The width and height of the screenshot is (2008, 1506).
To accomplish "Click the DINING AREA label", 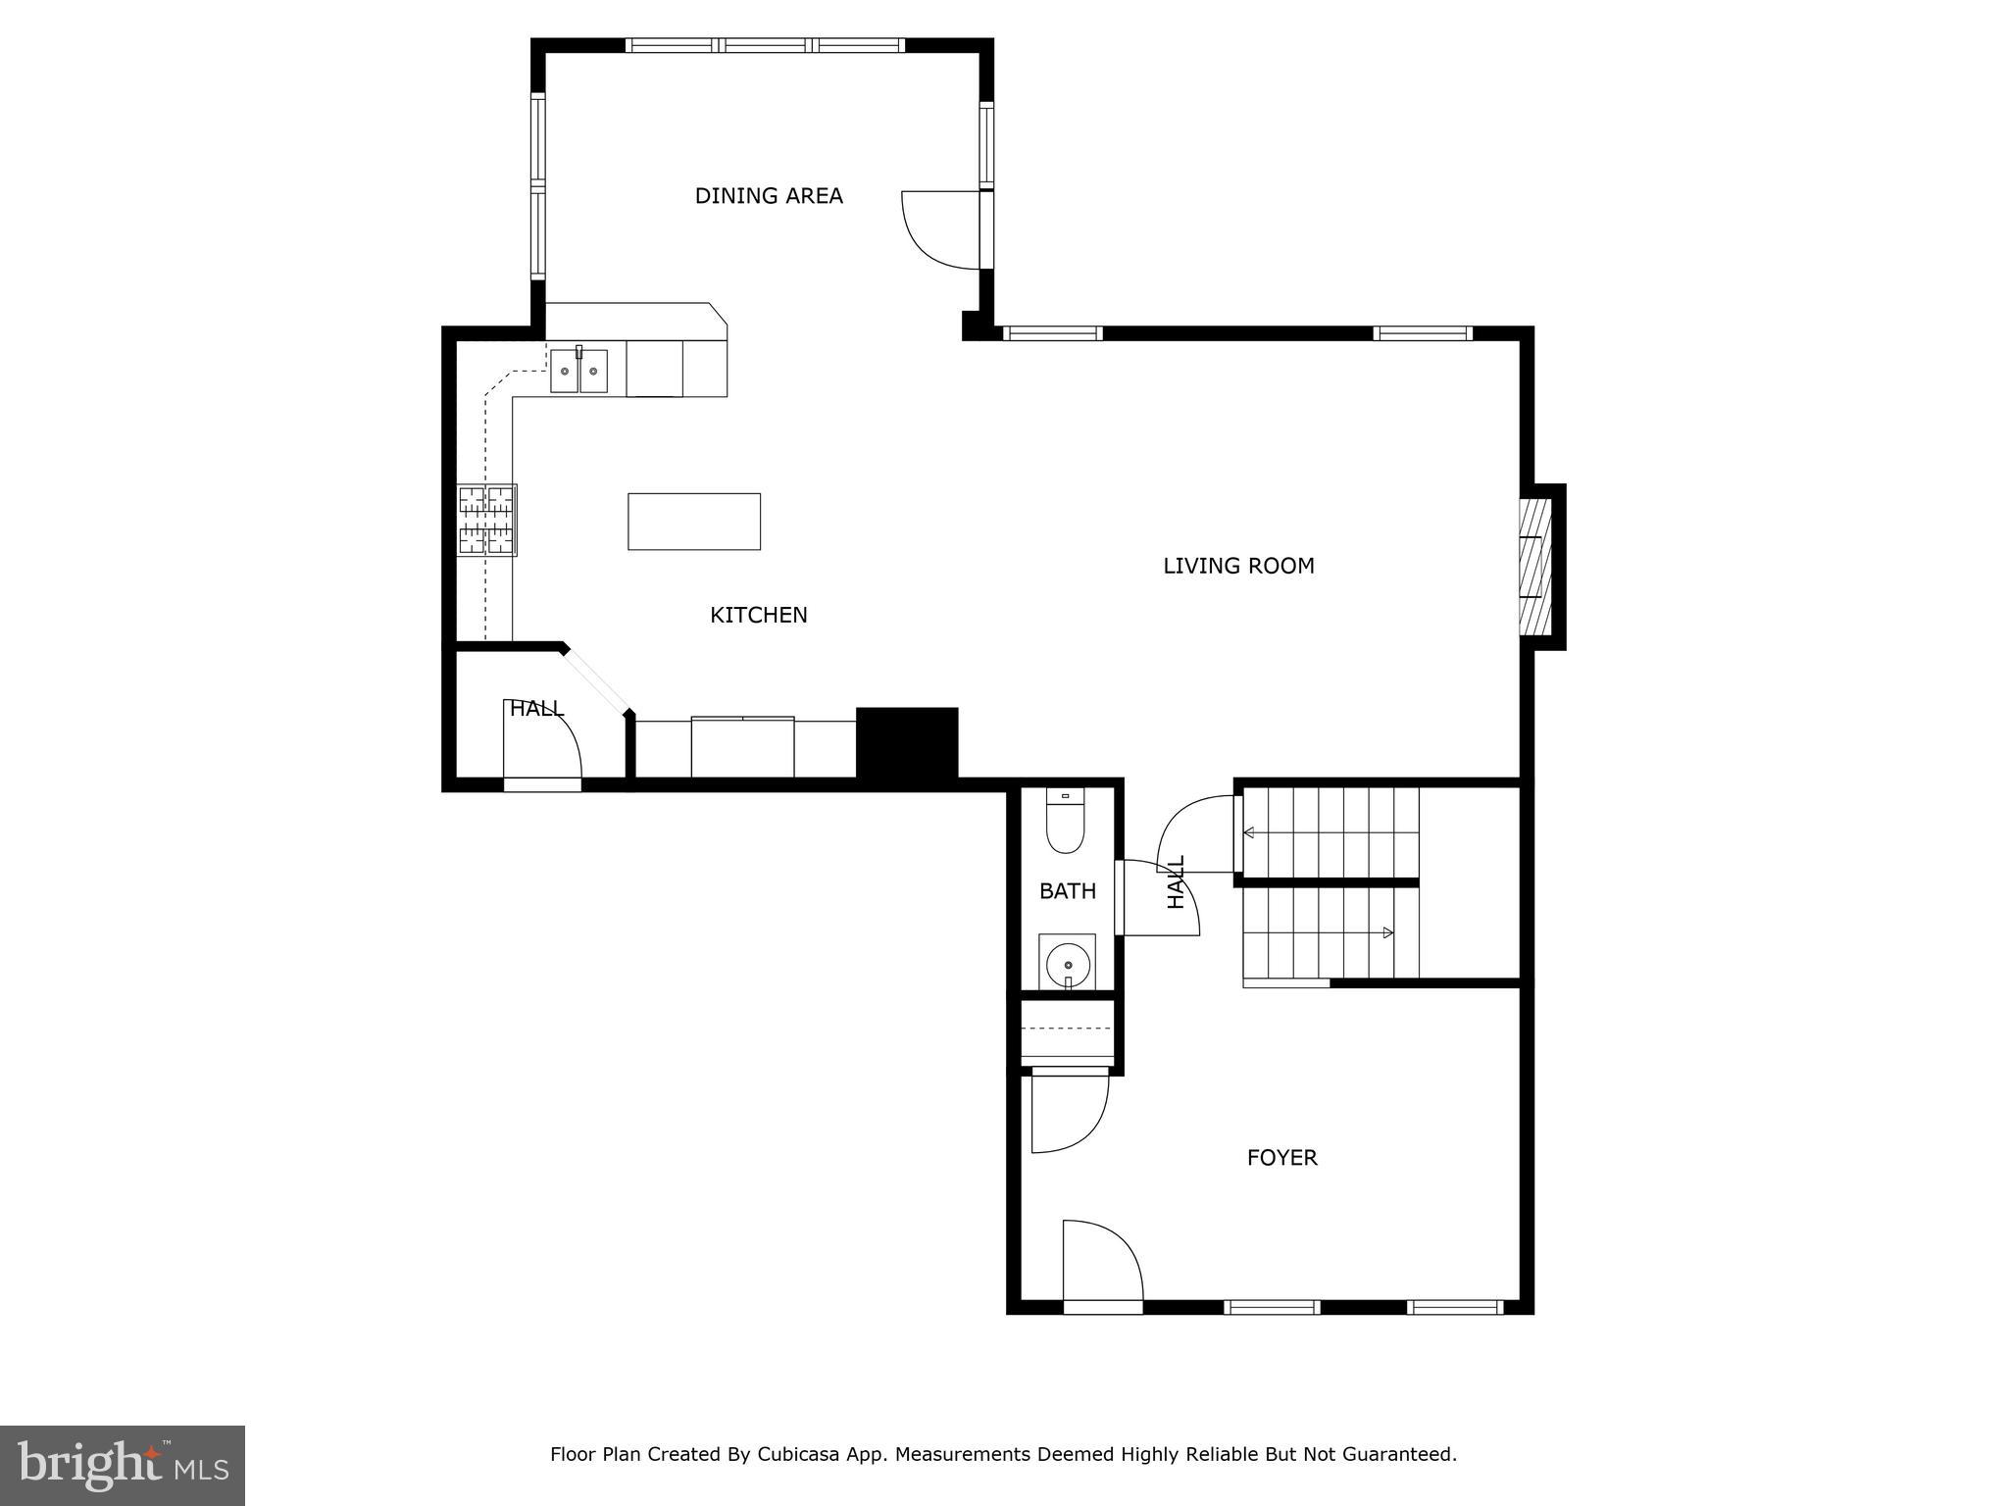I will [x=768, y=196].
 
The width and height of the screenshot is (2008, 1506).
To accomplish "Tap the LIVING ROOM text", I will [x=1237, y=566].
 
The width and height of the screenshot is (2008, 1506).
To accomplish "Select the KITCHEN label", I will [x=758, y=615].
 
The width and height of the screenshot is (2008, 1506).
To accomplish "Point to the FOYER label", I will [x=1281, y=1158].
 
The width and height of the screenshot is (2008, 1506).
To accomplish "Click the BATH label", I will [x=1067, y=891].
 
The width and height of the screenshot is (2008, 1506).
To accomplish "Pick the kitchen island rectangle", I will [x=693, y=522].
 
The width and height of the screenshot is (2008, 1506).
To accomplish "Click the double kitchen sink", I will [x=578, y=372].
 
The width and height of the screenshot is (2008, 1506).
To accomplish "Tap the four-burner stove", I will [x=487, y=521].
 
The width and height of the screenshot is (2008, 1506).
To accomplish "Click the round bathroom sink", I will [x=1067, y=965].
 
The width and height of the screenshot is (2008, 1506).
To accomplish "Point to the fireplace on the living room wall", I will [x=1535, y=566].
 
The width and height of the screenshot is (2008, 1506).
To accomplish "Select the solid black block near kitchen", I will [x=906, y=742].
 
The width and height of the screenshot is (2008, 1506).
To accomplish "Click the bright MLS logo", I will [x=122, y=1465].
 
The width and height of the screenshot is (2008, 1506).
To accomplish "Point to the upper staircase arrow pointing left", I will [x=1250, y=833].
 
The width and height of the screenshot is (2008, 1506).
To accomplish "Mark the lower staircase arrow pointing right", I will [x=1387, y=932].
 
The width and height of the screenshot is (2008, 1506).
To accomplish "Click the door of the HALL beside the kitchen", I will [x=542, y=740].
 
